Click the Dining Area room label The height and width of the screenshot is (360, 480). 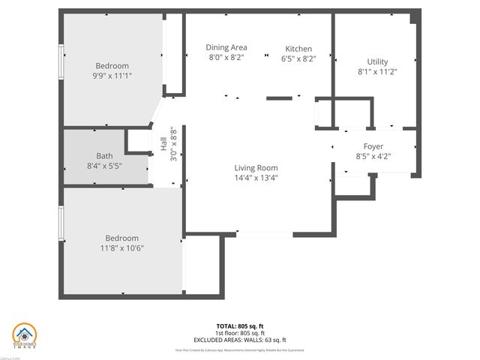point(226,47)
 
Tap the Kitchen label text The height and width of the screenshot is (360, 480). point(298,49)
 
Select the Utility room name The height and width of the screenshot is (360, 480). point(377,61)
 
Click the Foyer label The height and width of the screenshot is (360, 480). point(373,146)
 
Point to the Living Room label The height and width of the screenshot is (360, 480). point(256,168)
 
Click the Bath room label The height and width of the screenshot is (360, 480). point(104,155)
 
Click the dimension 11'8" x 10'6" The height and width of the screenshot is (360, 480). point(121,248)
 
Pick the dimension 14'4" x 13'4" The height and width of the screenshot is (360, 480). point(256,178)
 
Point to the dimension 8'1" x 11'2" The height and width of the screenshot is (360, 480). point(377,72)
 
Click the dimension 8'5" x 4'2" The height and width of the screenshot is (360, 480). point(373,156)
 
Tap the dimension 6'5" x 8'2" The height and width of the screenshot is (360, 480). point(298,58)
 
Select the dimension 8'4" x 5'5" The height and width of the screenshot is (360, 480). point(104,165)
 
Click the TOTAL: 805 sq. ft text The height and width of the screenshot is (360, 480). point(240,326)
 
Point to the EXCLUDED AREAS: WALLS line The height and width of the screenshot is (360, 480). point(240,339)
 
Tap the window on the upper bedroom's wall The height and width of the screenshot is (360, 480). point(62,61)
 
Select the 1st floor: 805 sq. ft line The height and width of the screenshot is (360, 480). point(240,332)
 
